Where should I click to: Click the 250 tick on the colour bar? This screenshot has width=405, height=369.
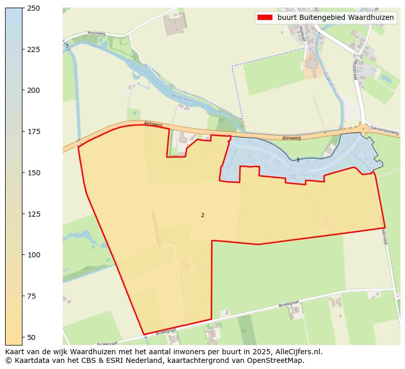(33, 8)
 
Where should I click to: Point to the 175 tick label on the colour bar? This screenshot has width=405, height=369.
(33, 131)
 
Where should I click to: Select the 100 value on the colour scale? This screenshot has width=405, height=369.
(33, 255)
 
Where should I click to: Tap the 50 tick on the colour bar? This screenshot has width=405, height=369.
(32, 337)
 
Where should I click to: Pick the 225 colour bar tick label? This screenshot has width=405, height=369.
(33, 49)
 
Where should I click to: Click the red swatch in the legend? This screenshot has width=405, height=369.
(265, 17)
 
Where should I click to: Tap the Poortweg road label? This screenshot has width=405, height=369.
(96, 33)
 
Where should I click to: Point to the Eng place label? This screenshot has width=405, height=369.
(358, 56)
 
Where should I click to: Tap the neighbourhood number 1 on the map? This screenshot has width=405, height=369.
(298, 160)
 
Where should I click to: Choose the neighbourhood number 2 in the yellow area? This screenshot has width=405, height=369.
(202, 215)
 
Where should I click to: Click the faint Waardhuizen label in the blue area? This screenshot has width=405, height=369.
(288, 169)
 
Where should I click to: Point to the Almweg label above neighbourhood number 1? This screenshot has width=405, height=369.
(291, 138)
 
